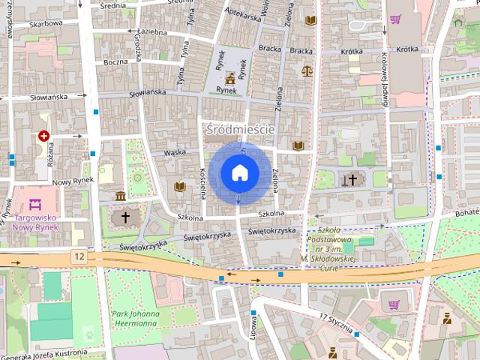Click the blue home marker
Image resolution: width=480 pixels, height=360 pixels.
pyautogui.click(x=238, y=173)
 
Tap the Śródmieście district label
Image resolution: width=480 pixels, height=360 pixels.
pyautogui.click(x=240, y=129)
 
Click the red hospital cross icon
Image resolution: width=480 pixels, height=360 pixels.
pyautogui.click(x=44, y=136)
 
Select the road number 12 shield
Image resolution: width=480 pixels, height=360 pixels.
pyautogui.click(x=79, y=256)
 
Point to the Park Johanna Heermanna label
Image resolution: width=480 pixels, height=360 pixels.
pyautogui.click(x=136, y=319)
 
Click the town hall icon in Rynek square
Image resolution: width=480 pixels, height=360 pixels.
pyautogui.click(x=229, y=76)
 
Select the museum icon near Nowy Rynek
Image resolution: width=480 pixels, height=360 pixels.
pyautogui.click(x=121, y=196)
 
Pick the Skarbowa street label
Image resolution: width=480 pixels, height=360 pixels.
pyautogui.click(x=25, y=23)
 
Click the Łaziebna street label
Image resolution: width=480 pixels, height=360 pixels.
pyautogui.click(x=155, y=32)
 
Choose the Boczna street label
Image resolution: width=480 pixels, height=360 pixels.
pyautogui.click(x=116, y=61)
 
